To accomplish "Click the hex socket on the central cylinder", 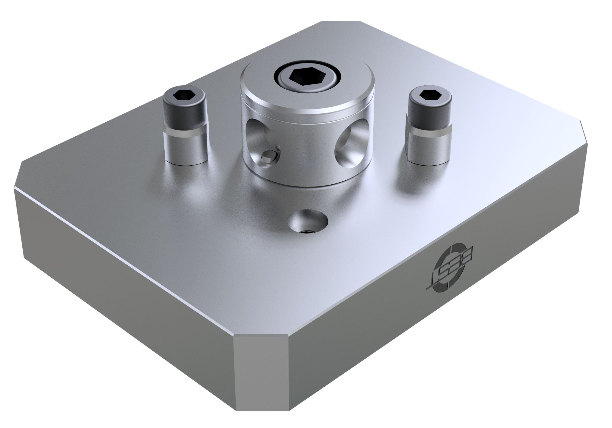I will pyautogui.click(x=307, y=76).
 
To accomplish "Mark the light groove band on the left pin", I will pyautogui.click(x=185, y=132).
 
